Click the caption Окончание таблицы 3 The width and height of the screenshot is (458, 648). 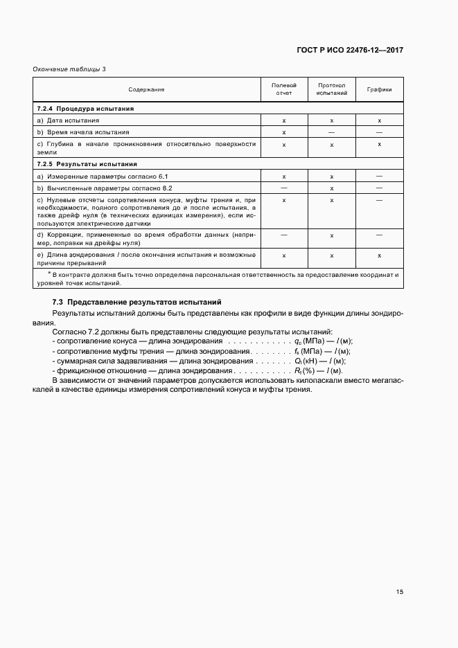click(x=69, y=69)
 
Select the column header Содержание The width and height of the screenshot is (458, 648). click(x=146, y=89)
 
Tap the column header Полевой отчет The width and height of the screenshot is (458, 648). click(x=284, y=89)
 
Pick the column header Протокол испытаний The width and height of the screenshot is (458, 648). click(x=332, y=89)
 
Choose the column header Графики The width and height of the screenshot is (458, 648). click(x=380, y=89)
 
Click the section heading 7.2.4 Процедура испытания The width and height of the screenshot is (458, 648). click(x=85, y=109)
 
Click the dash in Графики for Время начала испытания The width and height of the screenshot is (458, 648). click(x=380, y=132)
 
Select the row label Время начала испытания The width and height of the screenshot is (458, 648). click(x=83, y=132)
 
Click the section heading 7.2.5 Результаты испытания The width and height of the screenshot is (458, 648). click(x=87, y=165)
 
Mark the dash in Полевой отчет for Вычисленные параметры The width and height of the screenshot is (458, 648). click(x=284, y=188)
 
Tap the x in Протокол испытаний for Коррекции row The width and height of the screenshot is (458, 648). click(x=332, y=235)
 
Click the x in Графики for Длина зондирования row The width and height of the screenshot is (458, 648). click(x=380, y=256)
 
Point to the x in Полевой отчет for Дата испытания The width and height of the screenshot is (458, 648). click(x=284, y=120)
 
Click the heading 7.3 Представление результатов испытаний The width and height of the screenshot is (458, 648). click(x=136, y=303)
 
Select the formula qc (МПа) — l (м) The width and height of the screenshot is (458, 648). click(x=324, y=341)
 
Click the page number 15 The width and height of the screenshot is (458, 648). click(x=400, y=592)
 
